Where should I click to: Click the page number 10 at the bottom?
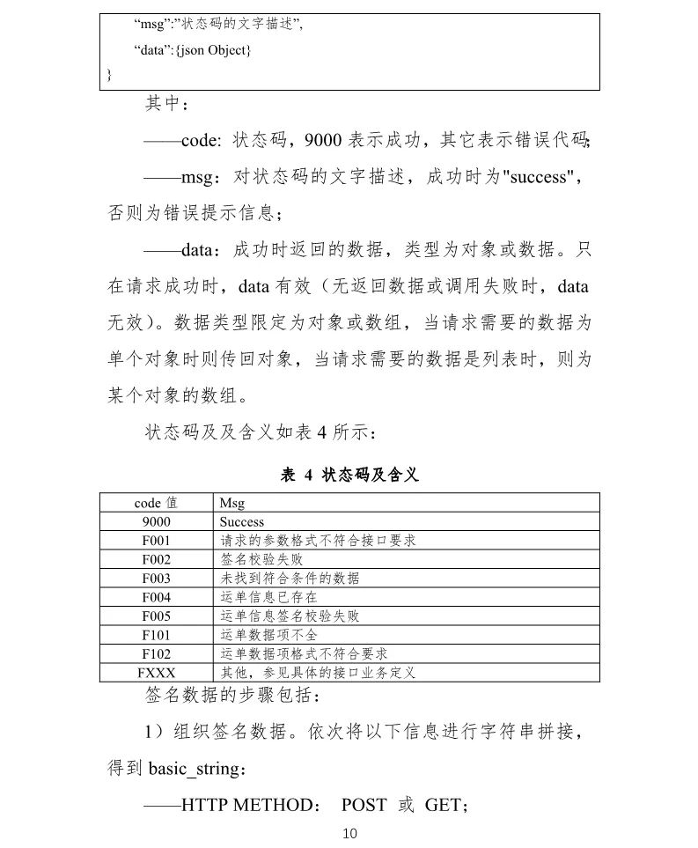point(349,833)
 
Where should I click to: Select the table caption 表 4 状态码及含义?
point(349,476)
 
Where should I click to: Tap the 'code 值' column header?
point(156,503)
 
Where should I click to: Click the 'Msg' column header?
point(232,503)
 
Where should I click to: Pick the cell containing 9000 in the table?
point(156,522)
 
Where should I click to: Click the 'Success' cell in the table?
point(242,522)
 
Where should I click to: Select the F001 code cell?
point(156,541)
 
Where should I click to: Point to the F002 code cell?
point(156,560)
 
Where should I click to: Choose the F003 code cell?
point(156,579)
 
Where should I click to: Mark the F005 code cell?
point(156,616)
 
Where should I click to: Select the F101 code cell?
point(156,635)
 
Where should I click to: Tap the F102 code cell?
point(156,654)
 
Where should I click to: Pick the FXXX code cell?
point(156,673)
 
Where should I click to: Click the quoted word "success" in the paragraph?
point(539,177)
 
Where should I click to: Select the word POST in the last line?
point(364,805)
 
